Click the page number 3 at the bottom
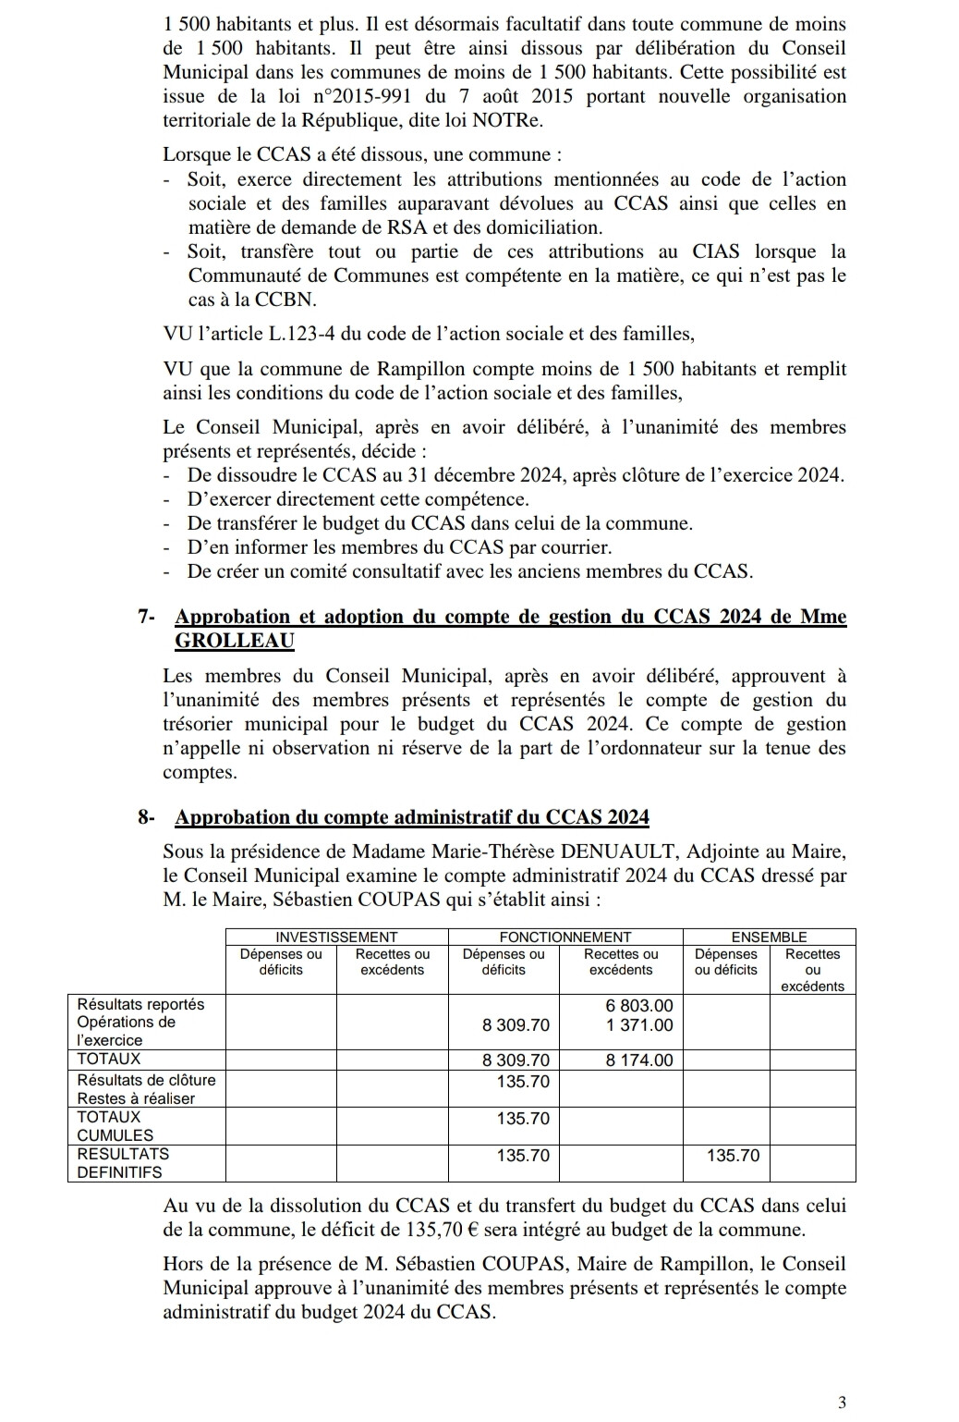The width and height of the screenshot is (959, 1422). pyautogui.click(x=841, y=1403)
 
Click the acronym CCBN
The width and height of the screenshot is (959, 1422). pyautogui.click(x=283, y=300)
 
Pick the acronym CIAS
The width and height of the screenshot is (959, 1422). pyautogui.click(x=722, y=251)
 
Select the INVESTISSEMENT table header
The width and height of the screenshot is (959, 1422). pyautogui.click(x=336, y=938)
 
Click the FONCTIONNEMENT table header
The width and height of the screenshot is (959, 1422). pyautogui.click(x=564, y=938)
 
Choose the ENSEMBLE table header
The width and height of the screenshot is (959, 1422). pyautogui.click(x=769, y=938)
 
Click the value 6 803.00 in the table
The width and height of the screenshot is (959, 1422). pyautogui.click(x=639, y=1005)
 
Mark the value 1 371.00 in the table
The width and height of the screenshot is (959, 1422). pyautogui.click(x=639, y=1024)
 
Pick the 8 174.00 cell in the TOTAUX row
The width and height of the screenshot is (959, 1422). pyautogui.click(x=639, y=1060)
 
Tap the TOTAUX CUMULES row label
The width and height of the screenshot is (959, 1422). pyautogui.click(x=115, y=1126)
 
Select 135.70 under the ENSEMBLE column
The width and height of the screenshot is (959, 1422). pyautogui.click(x=733, y=1156)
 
